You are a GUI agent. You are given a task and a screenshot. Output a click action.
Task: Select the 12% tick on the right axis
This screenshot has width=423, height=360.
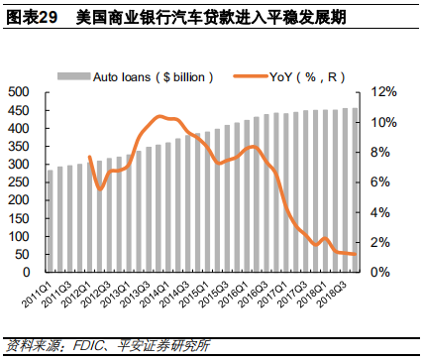[384, 92]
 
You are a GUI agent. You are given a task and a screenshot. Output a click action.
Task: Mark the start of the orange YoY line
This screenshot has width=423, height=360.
[89, 157]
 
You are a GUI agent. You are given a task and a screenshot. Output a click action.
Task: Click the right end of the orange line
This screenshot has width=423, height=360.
[355, 255]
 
